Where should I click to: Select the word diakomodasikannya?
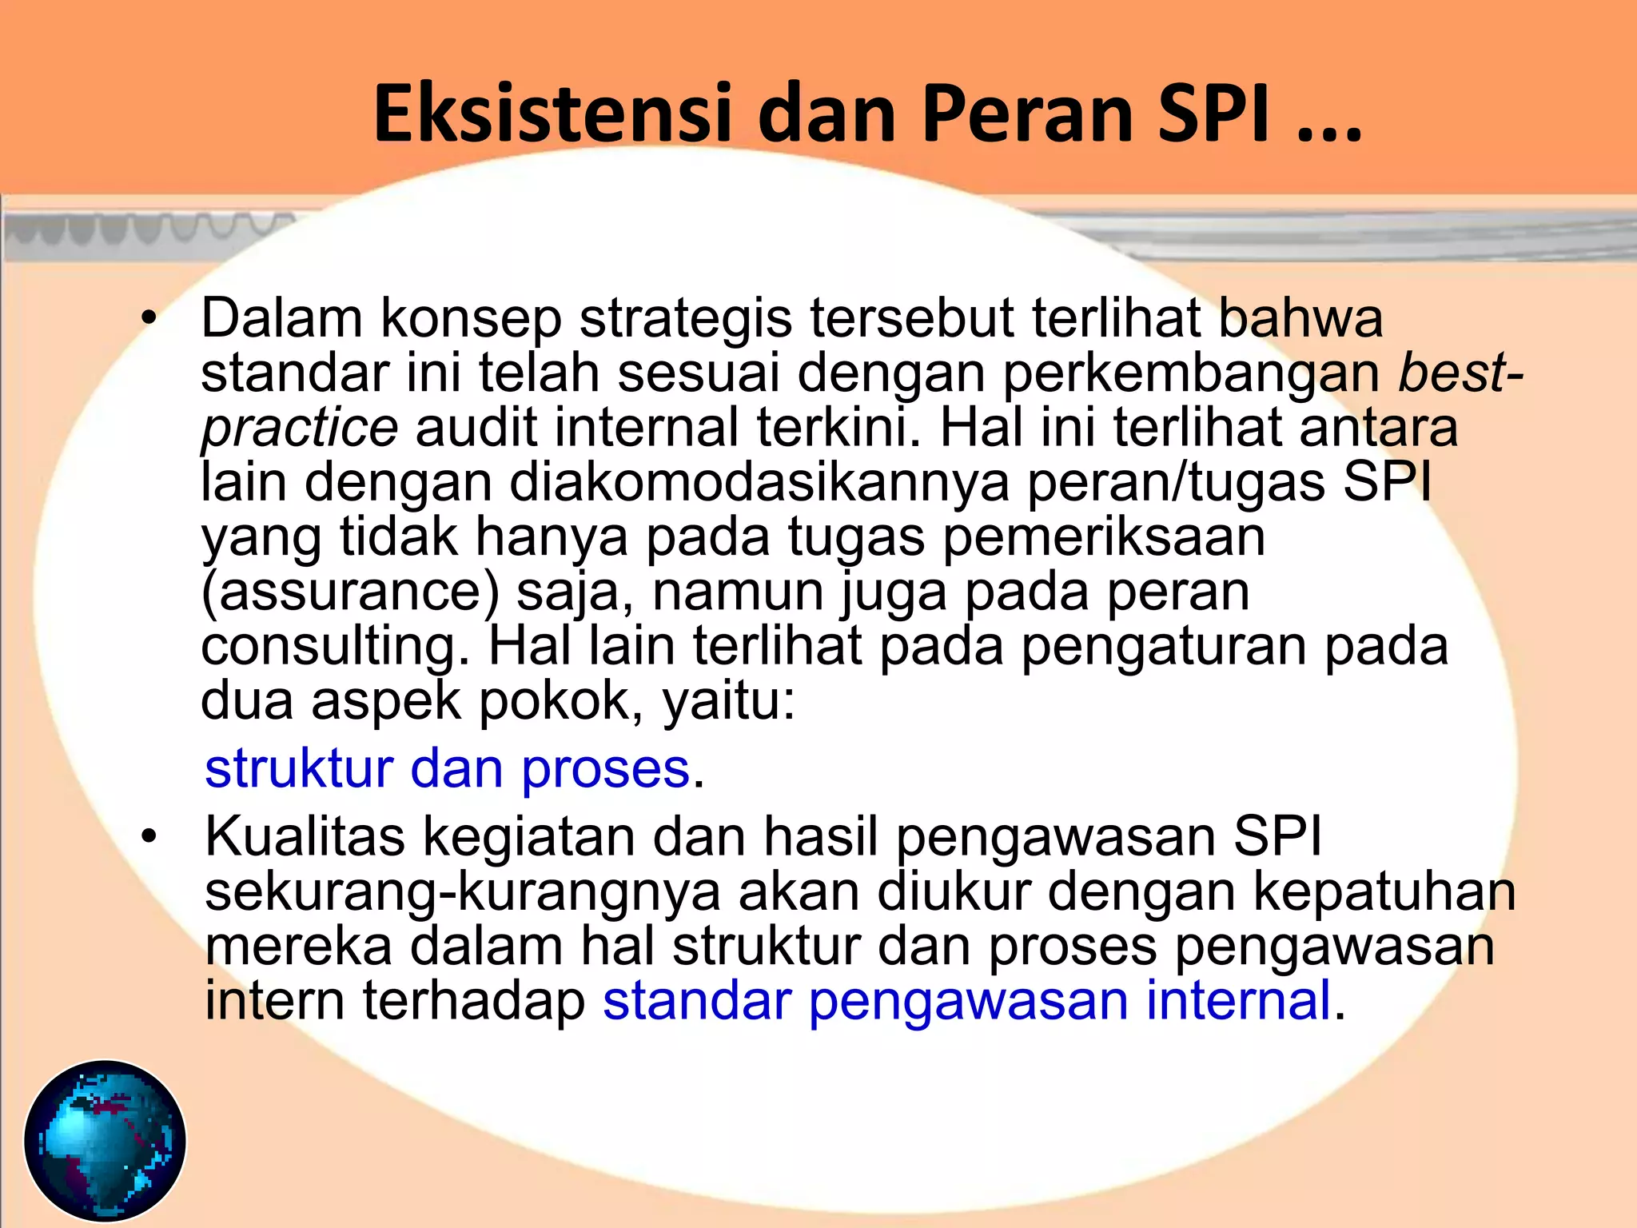[x=759, y=482]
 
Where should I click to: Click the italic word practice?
[x=299, y=428]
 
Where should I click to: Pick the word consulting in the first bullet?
[x=335, y=646]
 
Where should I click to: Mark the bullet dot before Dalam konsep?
[x=148, y=319]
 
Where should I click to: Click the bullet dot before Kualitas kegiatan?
[x=148, y=838]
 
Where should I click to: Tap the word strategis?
[x=686, y=318]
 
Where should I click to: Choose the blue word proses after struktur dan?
[x=605, y=769]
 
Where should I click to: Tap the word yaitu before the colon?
[x=722, y=701]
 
